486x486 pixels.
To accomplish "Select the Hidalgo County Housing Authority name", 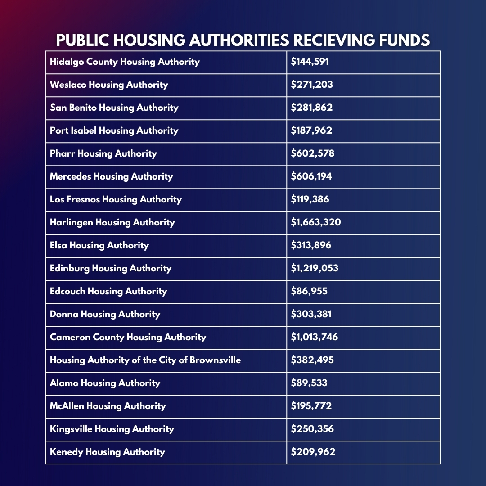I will pos(125,62).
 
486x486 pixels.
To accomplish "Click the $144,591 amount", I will pos(310,62).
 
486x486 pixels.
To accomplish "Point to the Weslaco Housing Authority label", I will pos(109,85).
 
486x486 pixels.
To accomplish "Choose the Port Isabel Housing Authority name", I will pos(114,130).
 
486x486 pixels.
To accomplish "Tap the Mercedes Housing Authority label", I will pos(111,176).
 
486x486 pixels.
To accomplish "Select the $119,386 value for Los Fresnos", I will pos(310,199).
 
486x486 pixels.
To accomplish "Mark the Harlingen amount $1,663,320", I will pos(316,222).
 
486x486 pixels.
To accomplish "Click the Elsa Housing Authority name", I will pos(99,245).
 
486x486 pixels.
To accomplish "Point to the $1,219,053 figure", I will pos(315,268).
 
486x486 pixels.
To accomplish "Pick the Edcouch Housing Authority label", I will pos(108,291).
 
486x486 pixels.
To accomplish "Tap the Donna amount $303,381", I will pos(311,314).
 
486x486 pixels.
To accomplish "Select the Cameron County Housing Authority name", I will pos(128,337).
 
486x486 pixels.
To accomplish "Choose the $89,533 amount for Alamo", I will pos(309,383).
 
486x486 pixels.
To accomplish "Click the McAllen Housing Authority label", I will pos(108,406).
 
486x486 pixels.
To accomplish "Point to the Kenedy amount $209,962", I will pos(313,452).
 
